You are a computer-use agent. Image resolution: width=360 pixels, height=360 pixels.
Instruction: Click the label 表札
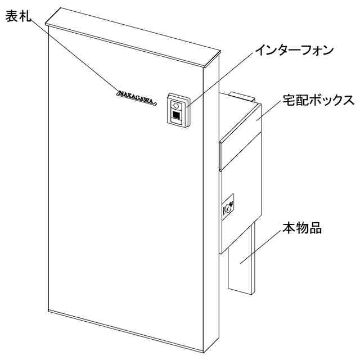(17, 16)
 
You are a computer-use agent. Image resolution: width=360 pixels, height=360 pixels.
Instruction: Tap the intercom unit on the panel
(178, 109)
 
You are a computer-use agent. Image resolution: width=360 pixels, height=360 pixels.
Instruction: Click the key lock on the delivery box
(230, 206)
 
